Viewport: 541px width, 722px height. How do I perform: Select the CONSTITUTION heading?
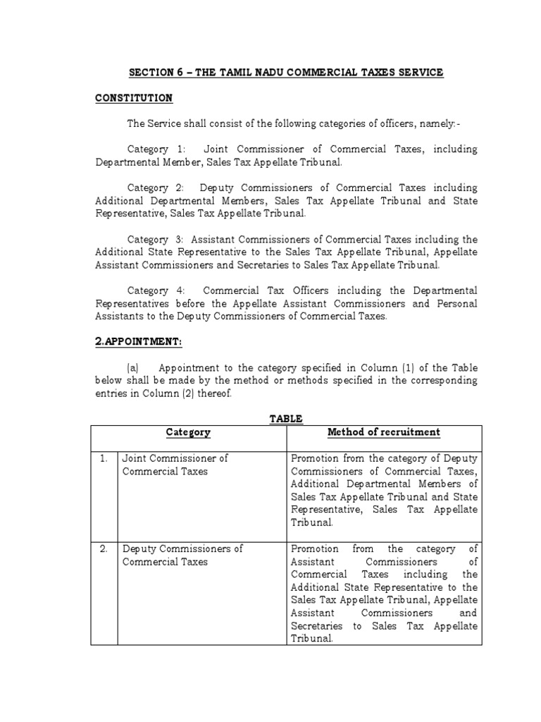pos(134,98)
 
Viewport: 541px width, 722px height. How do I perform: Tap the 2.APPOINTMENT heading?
pos(139,342)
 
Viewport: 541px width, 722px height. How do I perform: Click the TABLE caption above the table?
pos(286,419)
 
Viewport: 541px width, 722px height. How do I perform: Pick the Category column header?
pos(188,432)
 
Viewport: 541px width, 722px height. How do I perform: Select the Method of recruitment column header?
pos(384,432)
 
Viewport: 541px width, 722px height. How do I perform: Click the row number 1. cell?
pos(104,458)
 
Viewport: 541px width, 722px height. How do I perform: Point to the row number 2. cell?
pos(104,549)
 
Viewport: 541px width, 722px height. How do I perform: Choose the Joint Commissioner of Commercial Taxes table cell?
pos(174,465)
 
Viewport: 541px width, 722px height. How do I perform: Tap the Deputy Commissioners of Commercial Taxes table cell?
pos(182,555)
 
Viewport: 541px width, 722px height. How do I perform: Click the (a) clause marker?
pos(133,368)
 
